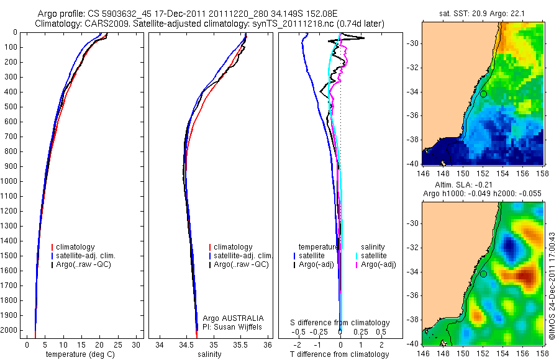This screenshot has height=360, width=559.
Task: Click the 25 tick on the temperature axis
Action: (117, 345)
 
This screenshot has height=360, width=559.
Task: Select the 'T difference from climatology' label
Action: (340, 354)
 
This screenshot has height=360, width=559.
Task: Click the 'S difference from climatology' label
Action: (340, 323)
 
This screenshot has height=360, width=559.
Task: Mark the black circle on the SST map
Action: (483, 94)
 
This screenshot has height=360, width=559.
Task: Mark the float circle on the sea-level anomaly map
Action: (483, 274)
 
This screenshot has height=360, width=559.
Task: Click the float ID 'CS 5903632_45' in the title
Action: (122, 14)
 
